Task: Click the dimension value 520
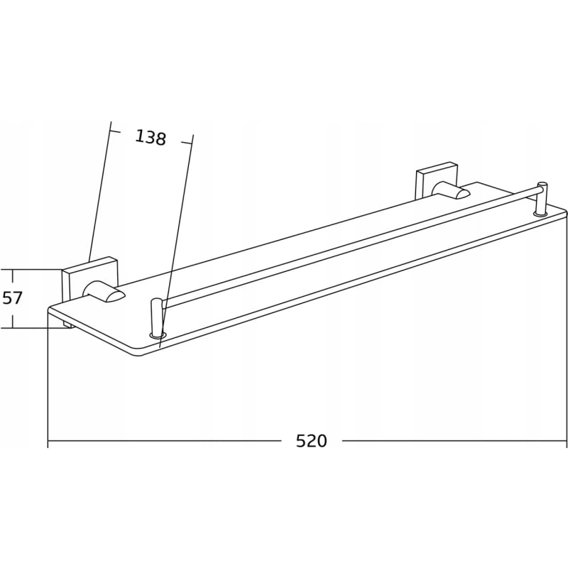pos(311,441)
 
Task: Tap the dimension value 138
pos(151,137)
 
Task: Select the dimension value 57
pos(12,298)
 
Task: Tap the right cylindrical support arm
pos(451,191)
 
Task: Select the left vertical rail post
pos(156,316)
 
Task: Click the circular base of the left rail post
pos(157,334)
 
